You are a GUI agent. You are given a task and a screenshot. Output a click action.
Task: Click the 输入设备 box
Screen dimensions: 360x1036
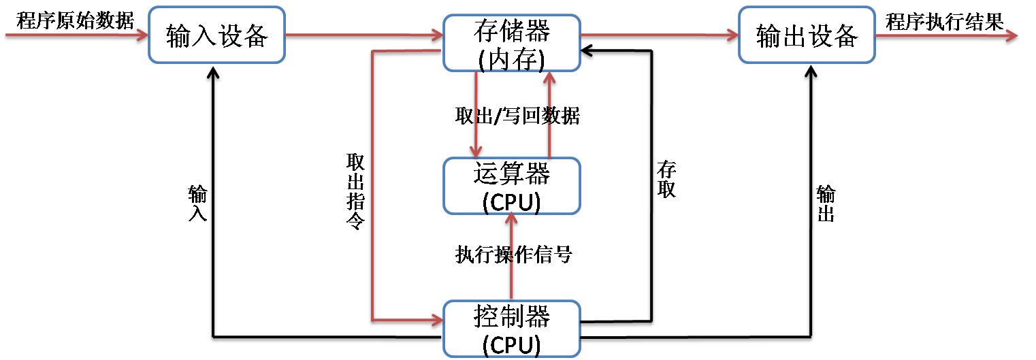216,35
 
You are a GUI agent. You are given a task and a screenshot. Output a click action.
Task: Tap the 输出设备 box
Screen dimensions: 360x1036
807,35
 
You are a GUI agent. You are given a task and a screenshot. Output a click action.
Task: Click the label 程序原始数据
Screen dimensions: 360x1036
76,20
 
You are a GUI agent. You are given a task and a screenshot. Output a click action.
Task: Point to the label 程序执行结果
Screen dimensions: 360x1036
945,22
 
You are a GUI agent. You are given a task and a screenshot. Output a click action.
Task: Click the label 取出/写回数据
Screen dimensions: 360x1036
517,116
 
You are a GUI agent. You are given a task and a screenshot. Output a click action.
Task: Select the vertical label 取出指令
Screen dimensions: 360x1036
355,191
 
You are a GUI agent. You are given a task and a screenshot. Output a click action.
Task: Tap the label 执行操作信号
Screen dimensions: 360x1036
513,255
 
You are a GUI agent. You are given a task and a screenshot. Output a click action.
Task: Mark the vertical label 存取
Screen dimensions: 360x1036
666,179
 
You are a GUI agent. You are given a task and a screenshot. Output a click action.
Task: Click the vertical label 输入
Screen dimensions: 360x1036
197,203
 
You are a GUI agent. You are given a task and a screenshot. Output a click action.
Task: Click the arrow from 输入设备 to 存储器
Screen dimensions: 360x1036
364,35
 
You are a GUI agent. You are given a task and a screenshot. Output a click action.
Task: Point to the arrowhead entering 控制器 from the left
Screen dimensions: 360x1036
436,318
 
